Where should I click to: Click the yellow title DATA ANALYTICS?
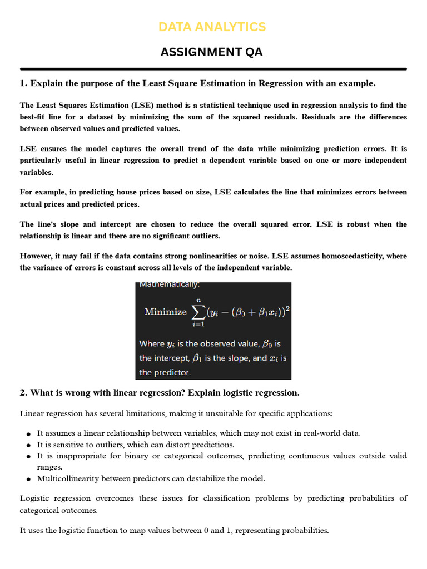click(212, 27)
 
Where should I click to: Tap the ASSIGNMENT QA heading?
click(212, 52)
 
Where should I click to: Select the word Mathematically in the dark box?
click(162, 285)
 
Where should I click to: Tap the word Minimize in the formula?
click(166, 312)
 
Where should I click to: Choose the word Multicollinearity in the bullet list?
click(67, 478)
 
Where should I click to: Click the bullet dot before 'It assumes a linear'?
click(29, 433)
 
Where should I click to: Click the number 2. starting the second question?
click(24, 393)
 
